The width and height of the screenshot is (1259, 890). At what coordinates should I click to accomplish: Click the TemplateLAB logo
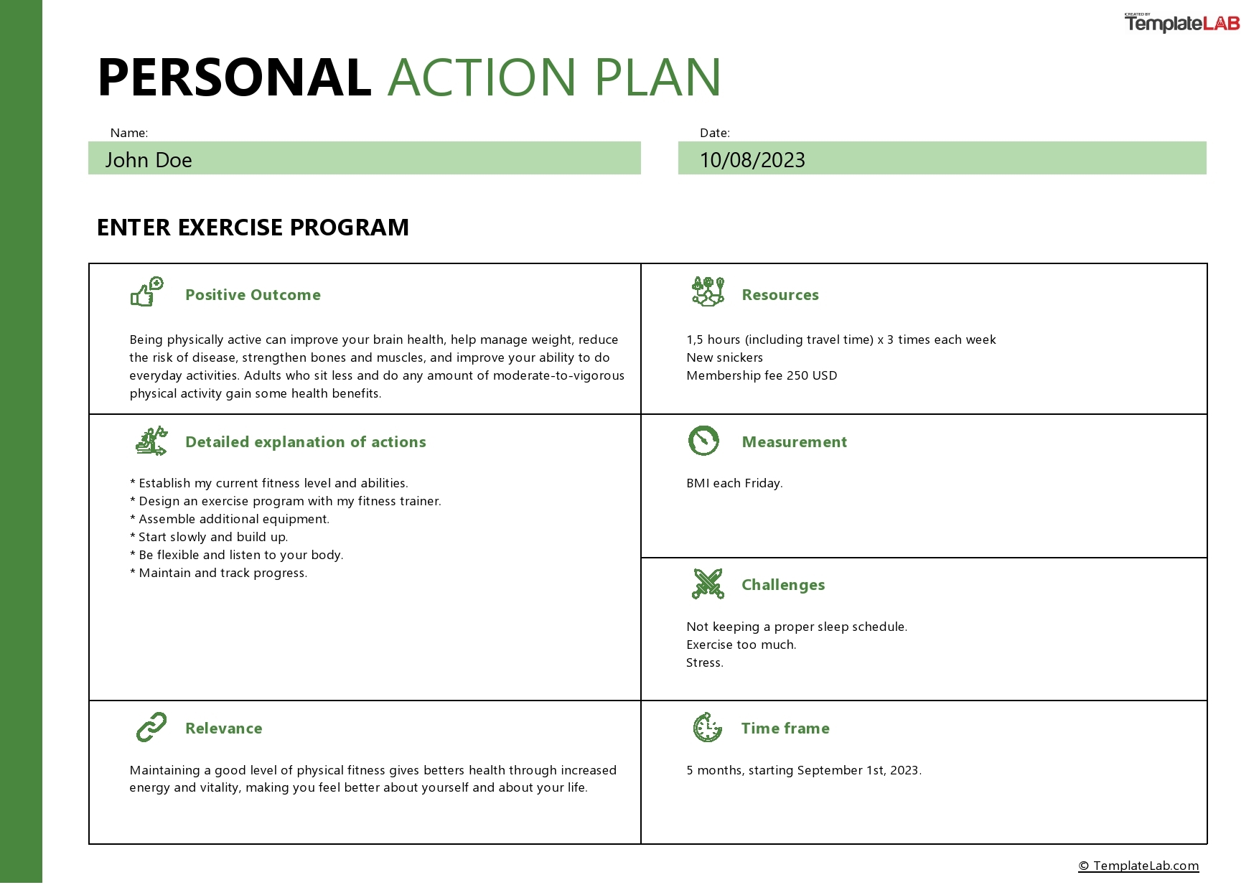pos(1181,23)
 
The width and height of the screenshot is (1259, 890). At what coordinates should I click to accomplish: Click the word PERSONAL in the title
pos(234,78)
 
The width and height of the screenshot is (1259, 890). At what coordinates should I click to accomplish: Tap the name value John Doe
pos(149,159)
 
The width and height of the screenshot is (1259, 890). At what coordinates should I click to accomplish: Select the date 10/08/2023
pos(752,159)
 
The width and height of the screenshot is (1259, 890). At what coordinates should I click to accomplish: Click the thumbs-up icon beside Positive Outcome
pos(147,292)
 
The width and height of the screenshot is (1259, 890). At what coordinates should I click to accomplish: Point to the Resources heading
pos(780,295)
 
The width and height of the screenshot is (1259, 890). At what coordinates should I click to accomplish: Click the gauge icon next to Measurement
pos(703,441)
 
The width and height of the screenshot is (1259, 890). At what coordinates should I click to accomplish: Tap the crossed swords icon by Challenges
pos(708,584)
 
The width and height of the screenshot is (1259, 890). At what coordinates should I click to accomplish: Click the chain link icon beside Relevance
pos(151,727)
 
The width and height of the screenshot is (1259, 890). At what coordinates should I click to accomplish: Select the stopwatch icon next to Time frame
pos(707,727)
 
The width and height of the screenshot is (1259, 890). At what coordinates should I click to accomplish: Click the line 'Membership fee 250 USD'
pos(762,375)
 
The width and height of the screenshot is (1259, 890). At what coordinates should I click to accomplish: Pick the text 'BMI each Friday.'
pos(734,483)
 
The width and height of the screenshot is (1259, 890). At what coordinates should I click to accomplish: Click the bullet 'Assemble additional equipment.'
pos(230,519)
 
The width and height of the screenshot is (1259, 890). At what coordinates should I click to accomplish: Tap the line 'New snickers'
pos(724,357)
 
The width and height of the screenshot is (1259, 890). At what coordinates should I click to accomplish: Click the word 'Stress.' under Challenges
pos(704,662)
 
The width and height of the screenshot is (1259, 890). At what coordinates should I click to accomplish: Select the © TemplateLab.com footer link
pos(1138,866)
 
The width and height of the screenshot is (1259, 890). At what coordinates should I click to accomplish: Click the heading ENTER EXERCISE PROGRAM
pos(253,228)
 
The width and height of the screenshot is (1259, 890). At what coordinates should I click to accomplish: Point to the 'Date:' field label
pos(714,133)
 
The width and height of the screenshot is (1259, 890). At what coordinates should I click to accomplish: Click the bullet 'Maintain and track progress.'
pos(219,573)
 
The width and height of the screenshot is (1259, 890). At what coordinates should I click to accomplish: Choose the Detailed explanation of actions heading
pos(305,442)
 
